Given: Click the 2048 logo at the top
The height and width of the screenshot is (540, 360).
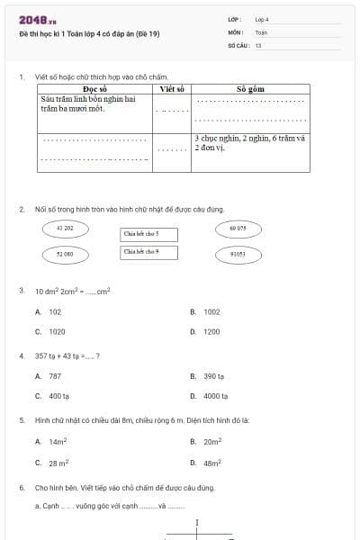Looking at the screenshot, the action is pyautogui.click(x=37, y=19).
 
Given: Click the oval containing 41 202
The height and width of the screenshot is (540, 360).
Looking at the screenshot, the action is pyautogui.click(x=65, y=229).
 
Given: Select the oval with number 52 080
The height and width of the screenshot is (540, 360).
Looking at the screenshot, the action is pyautogui.click(x=65, y=255).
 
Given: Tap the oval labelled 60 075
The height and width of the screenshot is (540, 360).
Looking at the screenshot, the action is pyautogui.click(x=238, y=229).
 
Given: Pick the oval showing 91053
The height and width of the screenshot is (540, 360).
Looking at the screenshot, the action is pyautogui.click(x=238, y=255).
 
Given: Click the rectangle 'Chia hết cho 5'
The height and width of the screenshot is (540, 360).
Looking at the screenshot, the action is pyautogui.click(x=149, y=234).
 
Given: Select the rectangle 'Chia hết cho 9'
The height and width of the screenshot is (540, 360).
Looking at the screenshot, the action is pyautogui.click(x=149, y=252).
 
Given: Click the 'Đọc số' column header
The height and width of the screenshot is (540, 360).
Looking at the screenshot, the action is pyautogui.click(x=94, y=90).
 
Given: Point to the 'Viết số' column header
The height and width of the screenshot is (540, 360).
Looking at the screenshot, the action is pyautogui.click(x=172, y=90).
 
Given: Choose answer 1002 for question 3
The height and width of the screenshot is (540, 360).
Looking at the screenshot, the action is pyautogui.click(x=211, y=311).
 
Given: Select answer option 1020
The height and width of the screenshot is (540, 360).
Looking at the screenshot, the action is pyautogui.click(x=55, y=331).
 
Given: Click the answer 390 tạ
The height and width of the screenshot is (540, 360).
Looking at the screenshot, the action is pyautogui.click(x=213, y=376).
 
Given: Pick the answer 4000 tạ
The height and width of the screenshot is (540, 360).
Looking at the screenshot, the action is pyautogui.click(x=215, y=396).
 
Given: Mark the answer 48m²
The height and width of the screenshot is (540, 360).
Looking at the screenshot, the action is pyautogui.click(x=212, y=463).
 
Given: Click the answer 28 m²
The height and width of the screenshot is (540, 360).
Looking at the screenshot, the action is pyautogui.click(x=58, y=463).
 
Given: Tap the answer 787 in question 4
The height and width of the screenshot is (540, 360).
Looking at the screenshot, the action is pyautogui.click(x=55, y=376).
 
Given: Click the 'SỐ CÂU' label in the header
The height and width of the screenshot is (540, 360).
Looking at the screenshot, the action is pyautogui.click(x=238, y=44).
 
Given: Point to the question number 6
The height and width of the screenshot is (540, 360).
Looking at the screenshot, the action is pyautogui.click(x=21, y=487).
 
